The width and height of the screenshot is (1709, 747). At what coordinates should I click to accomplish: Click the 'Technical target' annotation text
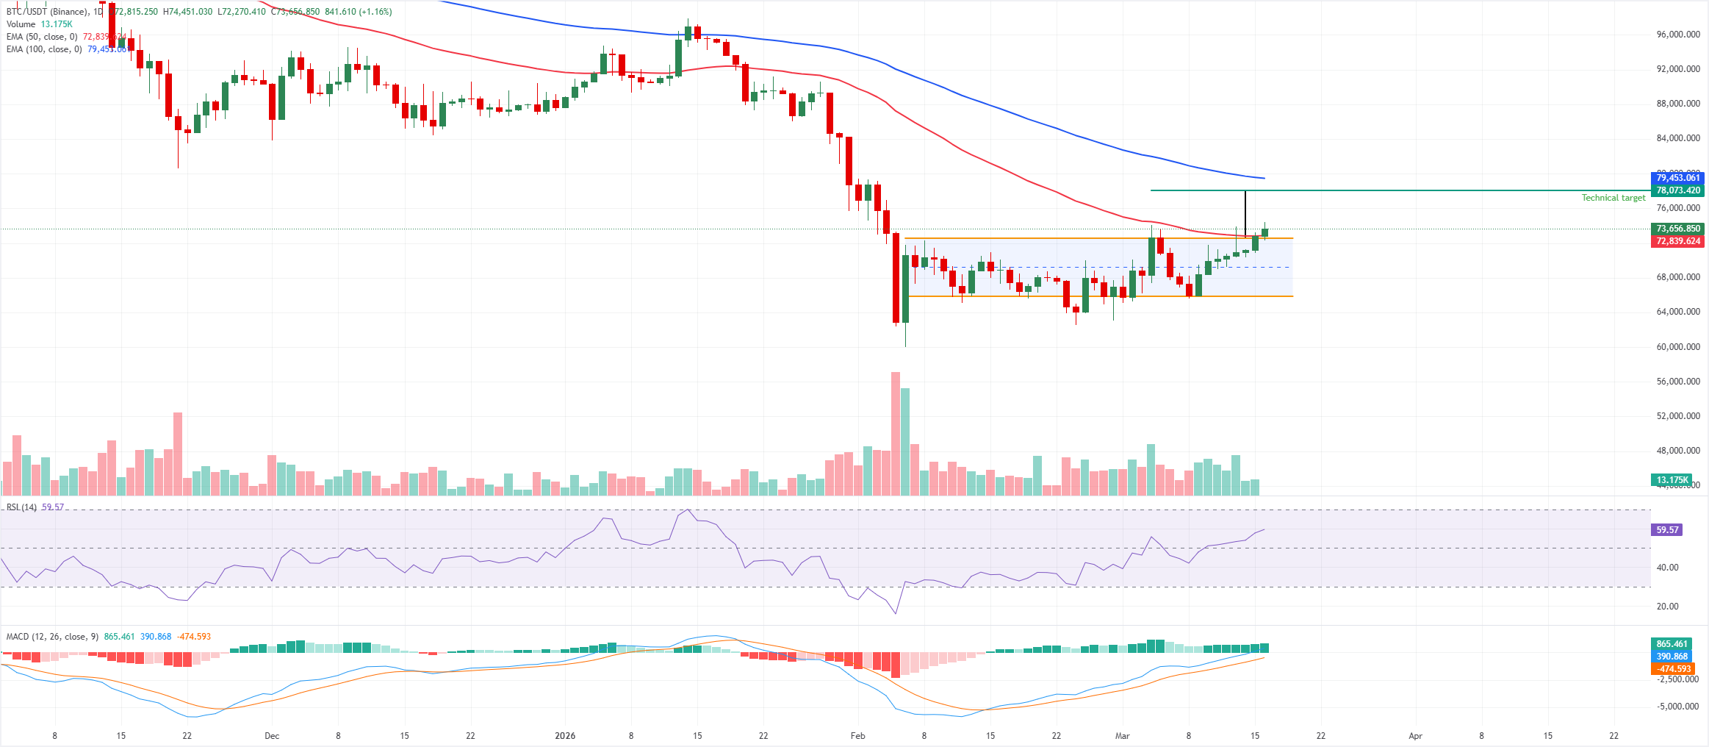pyautogui.click(x=1613, y=198)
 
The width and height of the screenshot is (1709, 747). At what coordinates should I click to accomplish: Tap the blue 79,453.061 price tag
pyautogui.click(x=1678, y=178)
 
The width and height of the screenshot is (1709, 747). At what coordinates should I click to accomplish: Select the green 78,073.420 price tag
pyautogui.click(x=1678, y=190)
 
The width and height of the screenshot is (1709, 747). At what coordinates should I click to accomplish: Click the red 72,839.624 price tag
pyautogui.click(x=1678, y=241)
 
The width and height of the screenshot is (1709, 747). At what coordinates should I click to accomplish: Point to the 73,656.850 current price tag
pyautogui.click(x=1678, y=229)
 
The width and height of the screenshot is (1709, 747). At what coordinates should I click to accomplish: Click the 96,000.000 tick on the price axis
pyautogui.click(x=1678, y=35)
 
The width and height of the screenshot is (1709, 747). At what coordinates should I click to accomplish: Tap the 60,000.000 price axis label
pyautogui.click(x=1678, y=347)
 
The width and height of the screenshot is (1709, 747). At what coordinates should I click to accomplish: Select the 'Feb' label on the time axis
pyautogui.click(x=857, y=736)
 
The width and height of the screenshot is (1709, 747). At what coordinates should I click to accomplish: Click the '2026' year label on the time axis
pyautogui.click(x=565, y=736)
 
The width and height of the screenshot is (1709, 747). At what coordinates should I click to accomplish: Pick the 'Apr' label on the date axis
pyautogui.click(x=1415, y=736)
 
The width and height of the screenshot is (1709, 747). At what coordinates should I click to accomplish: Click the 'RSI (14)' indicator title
pyautogui.click(x=21, y=507)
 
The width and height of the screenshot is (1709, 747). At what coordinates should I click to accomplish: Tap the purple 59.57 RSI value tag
pyautogui.click(x=1668, y=529)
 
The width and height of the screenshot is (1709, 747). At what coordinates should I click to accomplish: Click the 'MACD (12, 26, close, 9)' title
pyautogui.click(x=52, y=637)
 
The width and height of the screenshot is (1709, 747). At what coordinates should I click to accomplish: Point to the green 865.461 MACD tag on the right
pyautogui.click(x=1672, y=644)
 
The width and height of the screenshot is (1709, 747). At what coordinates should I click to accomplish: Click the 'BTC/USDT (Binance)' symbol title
pyautogui.click(x=47, y=12)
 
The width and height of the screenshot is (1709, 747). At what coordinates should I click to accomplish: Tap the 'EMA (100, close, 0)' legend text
pyautogui.click(x=44, y=49)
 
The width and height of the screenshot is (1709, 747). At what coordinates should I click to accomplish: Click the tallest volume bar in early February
pyautogui.click(x=896, y=434)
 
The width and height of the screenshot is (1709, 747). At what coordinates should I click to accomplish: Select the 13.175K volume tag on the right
pyautogui.click(x=1672, y=480)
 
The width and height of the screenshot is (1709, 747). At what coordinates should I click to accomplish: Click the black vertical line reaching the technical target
pyautogui.click(x=1245, y=213)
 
